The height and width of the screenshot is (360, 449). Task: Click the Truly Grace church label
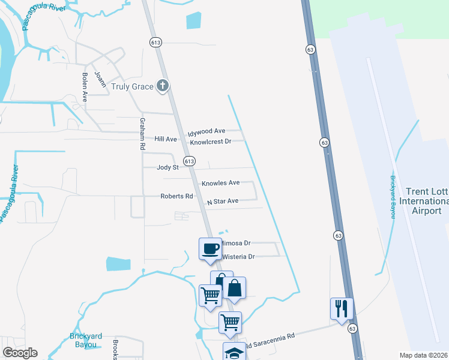click(133, 86)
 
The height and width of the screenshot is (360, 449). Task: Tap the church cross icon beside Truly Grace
click(162, 86)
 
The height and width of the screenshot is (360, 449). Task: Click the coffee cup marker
click(210, 248)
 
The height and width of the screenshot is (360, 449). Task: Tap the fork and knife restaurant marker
click(341, 308)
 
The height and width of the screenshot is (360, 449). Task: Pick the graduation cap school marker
click(234, 352)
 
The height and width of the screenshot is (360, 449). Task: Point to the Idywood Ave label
click(206, 131)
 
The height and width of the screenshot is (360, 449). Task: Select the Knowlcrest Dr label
click(211, 142)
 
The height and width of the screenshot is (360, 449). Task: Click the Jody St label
click(167, 168)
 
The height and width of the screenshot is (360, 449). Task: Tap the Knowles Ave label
click(220, 183)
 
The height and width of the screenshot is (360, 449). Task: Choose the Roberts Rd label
click(176, 196)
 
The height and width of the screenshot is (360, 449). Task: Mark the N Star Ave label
click(223, 202)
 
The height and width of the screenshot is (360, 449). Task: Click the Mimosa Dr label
click(236, 243)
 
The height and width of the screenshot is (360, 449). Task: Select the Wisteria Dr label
click(238, 257)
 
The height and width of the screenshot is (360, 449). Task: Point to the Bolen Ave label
click(85, 88)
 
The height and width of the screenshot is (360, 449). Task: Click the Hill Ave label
click(166, 139)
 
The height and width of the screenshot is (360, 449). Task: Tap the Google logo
click(20, 353)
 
